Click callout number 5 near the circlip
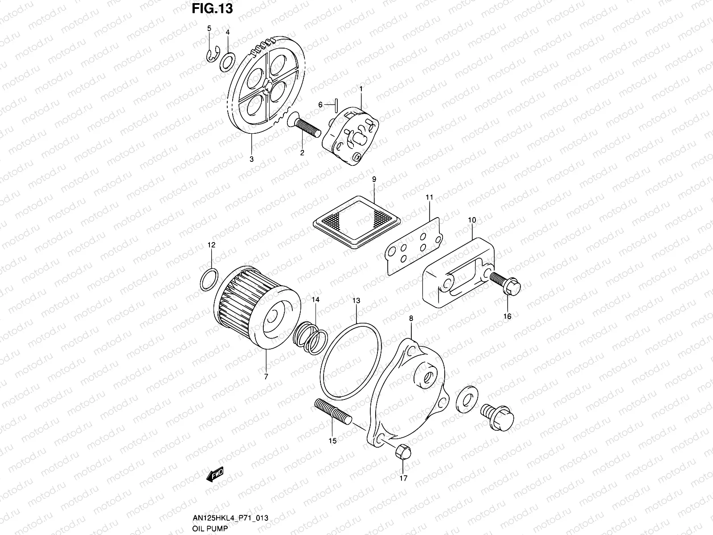[x=209, y=29]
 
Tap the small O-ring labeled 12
[x=209, y=279]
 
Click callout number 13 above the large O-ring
[x=356, y=300]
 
